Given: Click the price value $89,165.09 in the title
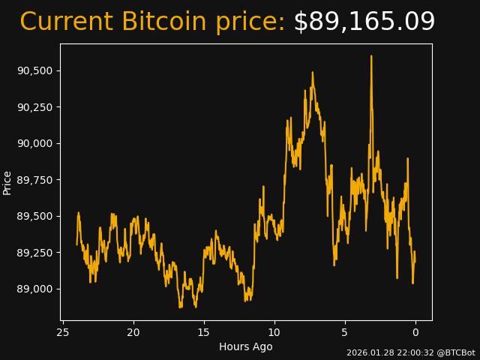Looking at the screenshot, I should pos(364,22).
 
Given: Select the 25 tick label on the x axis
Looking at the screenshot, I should pos(63,332).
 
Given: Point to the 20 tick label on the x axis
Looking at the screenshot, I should pos(133,332).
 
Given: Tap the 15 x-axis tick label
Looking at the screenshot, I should pos(204,332).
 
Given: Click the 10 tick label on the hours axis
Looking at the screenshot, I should pos(274,332).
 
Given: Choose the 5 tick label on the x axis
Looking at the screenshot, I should pos(345,332).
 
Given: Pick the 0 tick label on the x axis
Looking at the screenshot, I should pos(415,332).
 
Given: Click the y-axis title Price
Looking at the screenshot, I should pos(7,182).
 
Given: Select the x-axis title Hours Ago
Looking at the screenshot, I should pos(246,346).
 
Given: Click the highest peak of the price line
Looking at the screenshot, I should pos(370,56).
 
